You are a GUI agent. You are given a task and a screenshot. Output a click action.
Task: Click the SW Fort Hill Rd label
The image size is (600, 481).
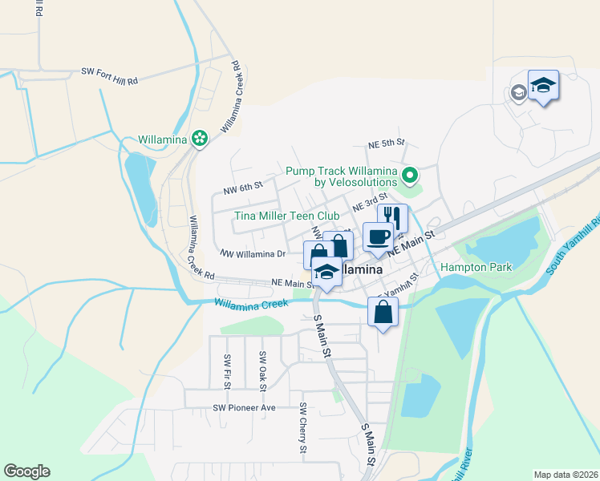point(110,71)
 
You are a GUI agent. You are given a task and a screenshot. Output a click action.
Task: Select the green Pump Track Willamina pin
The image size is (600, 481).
point(410,174)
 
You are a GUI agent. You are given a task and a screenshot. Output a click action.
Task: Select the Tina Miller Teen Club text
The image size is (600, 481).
point(286,216)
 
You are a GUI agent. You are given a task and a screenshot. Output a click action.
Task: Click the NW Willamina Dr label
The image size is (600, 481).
point(253,254)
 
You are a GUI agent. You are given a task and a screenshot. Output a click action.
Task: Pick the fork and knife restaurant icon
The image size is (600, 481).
point(393,216)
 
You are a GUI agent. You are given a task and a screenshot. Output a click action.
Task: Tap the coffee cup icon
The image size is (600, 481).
point(378,236)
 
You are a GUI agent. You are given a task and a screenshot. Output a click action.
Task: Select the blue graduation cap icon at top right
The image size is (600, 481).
point(543,84)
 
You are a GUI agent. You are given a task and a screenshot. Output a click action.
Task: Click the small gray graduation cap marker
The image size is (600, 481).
point(517,93)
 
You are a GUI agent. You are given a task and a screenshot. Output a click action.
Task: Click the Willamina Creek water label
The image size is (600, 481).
point(250,304)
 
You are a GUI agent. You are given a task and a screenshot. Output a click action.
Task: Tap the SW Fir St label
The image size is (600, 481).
point(228,372)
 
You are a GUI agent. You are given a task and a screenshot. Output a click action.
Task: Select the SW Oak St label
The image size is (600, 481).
point(262,366)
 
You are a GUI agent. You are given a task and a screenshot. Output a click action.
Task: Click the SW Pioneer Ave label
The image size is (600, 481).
point(244,407)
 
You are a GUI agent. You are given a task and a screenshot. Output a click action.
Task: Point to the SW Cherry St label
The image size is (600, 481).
point(303,428)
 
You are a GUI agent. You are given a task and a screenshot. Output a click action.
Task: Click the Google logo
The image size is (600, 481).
point(26,471)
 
